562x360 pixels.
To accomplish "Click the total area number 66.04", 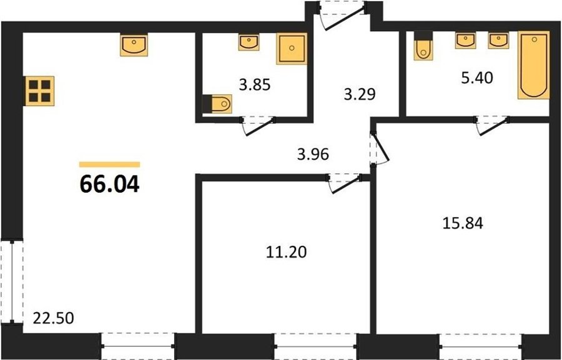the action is (110, 185).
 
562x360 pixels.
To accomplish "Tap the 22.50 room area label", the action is (54, 318).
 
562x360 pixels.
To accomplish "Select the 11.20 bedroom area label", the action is (287, 252).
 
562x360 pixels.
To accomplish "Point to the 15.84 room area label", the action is (463, 223).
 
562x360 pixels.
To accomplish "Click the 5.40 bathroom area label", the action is (477, 78).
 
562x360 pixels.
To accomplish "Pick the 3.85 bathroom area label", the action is (255, 85).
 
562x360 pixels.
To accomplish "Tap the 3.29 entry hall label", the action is (360, 95).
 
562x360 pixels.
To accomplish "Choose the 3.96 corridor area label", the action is (313, 154).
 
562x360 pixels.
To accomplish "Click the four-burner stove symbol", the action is (40, 91).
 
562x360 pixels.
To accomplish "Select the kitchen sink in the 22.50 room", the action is (134, 46).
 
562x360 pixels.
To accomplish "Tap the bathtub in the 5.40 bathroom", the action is (534, 65).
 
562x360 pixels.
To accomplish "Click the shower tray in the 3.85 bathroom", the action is (292, 49).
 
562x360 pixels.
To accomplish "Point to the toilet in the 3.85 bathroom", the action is (217, 104).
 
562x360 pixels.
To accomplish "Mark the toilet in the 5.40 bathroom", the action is (423, 47).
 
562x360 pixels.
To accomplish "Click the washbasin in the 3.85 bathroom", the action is (249, 42).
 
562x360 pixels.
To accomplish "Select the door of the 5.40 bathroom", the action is (492, 125).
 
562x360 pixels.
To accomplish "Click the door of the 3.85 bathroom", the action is (258, 126).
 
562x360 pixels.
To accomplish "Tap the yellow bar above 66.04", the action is (110, 165).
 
